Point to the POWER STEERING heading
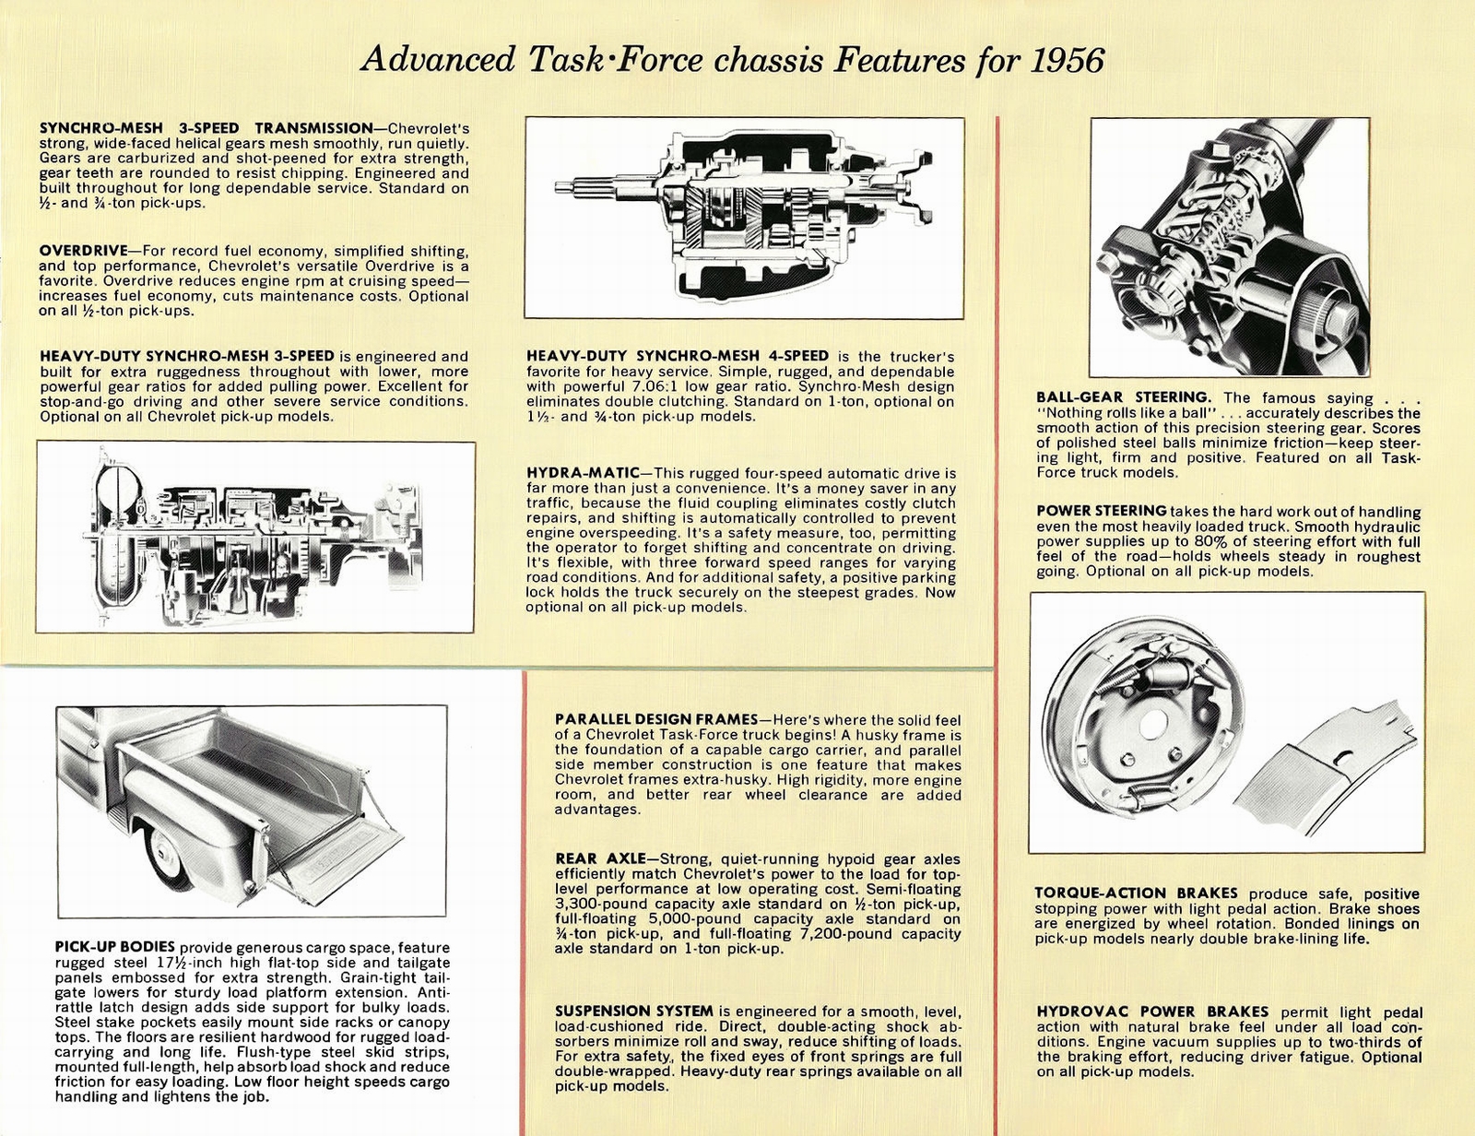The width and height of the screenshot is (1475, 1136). tap(1101, 511)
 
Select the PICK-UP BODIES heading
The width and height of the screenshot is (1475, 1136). tap(114, 948)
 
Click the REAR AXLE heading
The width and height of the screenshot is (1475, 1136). tap(594, 859)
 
